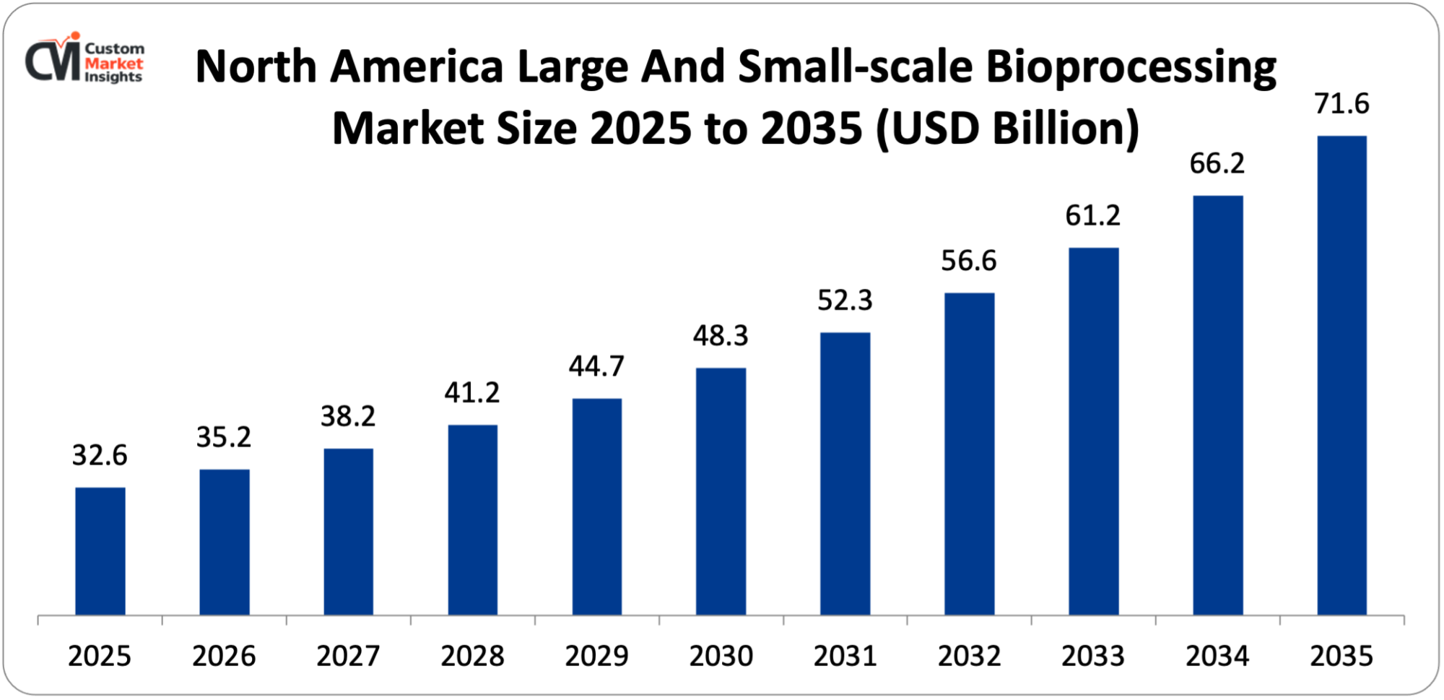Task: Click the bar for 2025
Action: click(100, 551)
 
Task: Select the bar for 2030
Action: click(721, 491)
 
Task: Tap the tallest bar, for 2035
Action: click(1341, 376)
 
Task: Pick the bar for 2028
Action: click(472, 520)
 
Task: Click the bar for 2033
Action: click(1093, 431)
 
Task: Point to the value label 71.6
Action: click(1341, 104)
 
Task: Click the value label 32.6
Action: click(100, 455)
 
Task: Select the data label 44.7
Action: click(596, 366)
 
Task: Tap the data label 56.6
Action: click(969, 261)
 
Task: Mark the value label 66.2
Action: click(1217, 164)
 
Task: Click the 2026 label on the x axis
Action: click(224, 656)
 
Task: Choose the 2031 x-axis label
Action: click(845, 656)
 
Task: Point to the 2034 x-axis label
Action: click(1217, 656)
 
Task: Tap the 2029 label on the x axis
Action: click(596, 656)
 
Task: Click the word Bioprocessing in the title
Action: click(1131, 69)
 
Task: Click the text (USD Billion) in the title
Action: click(1007, 129)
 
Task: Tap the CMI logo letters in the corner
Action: click(53, 61)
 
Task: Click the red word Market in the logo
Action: click(113, 63)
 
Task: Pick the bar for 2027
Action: click(348, 532)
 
